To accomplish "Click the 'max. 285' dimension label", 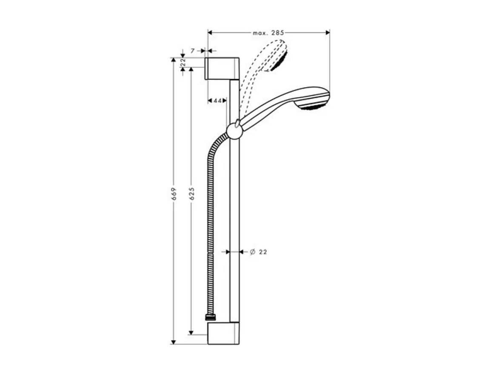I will (268, 32).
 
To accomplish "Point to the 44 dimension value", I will (217, 100).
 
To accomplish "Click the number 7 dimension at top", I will (192, 51).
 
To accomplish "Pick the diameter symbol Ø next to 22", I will (252, 252).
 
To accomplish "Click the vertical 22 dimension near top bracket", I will (183, 62).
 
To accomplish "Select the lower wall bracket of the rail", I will (223, 333).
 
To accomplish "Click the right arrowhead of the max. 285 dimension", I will (328, 32).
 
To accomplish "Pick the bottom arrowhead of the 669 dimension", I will (173, 341).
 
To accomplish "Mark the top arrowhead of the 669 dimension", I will (173, 60).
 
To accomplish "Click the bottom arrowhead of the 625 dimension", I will (191, 332).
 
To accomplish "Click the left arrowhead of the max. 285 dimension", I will (210, 32).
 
